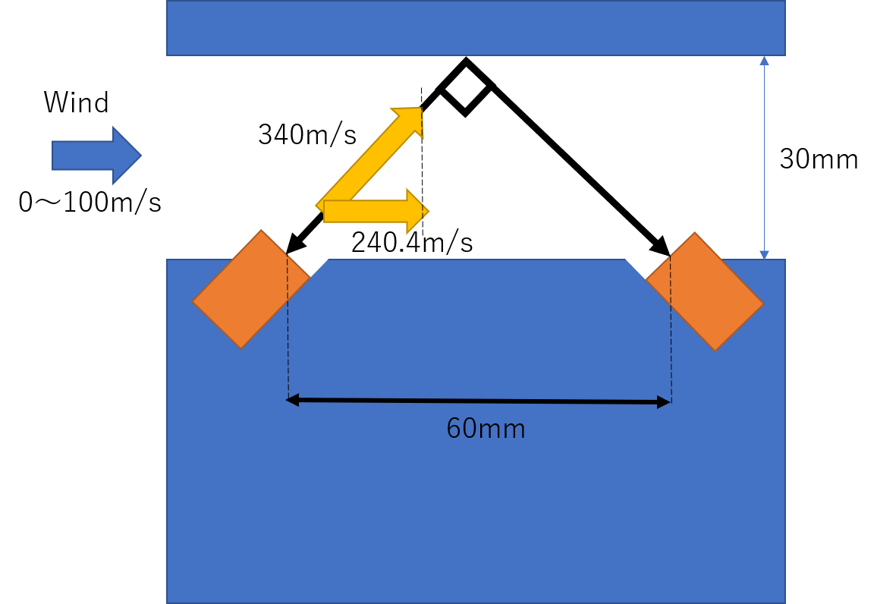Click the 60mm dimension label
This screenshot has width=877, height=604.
pyautogui.click(x=486, y=429)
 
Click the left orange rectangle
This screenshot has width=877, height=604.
pyautogui.click(x=247, y=292)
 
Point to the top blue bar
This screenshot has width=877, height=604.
pyautogui.click(x=476, y=27)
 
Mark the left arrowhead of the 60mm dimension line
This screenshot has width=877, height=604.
pyautogui.click(x=292, y=399)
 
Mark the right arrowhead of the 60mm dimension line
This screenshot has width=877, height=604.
pyautogui.click(x=664, y=403)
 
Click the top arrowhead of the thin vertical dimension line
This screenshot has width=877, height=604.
pyautogui.click(x=764, y=61)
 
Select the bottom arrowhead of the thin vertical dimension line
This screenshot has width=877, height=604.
pyautogui.click(x=764, y=255)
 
